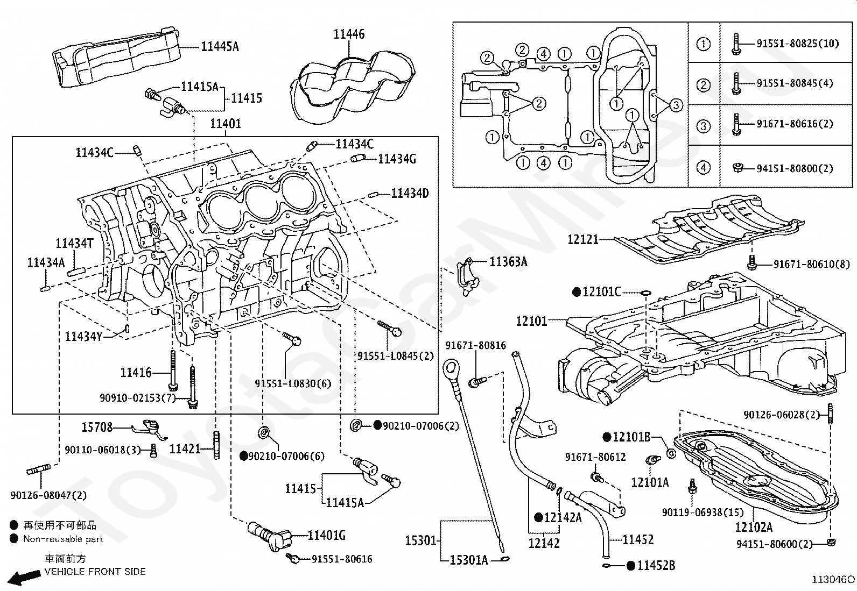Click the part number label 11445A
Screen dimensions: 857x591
(220, 47)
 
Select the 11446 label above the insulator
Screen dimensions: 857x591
(349, 34)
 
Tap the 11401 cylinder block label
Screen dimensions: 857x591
(226, 124)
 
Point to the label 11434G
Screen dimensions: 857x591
(397, 159)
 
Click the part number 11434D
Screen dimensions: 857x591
(410, 194)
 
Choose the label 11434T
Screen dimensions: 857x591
(75, 244)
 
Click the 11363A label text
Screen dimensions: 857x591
(509, 262)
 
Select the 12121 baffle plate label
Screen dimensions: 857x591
(582, 240)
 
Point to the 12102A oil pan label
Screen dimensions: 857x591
(754, 528)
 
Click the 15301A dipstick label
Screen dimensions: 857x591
(469, 560)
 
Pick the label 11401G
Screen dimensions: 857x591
(327, 536)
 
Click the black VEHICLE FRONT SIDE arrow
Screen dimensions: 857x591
(24, 578)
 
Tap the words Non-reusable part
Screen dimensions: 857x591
(63, 539)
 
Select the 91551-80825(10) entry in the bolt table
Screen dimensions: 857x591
(798, 44)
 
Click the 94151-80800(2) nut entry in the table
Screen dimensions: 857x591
(795, 168)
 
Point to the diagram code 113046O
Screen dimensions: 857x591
(833, 580)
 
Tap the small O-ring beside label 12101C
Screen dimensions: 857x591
(645, 293)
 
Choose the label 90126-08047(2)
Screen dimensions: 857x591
(48, 495)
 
